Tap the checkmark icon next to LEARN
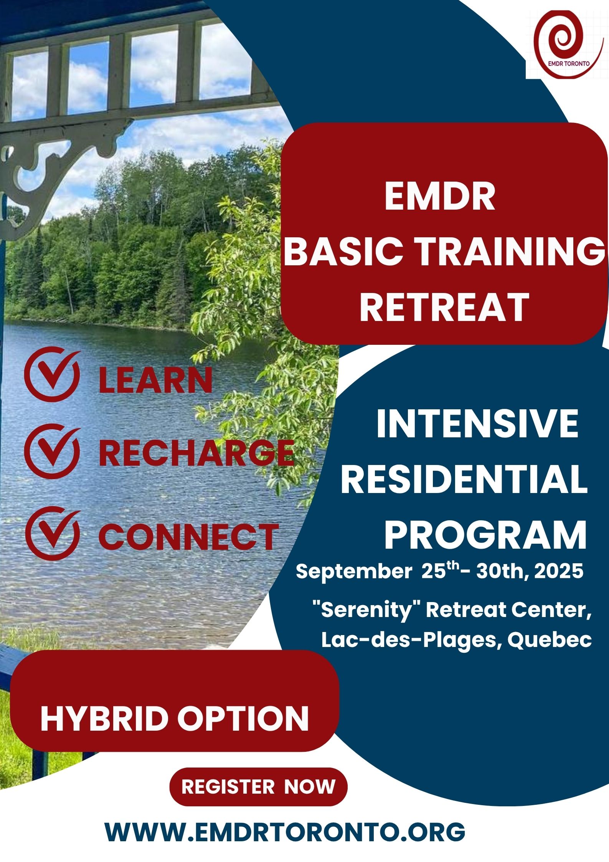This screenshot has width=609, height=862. pos(52,374)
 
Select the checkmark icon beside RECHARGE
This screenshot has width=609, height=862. pos(52,452)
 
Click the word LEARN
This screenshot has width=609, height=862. pos(155,380)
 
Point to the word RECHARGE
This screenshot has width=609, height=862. pos(196,453)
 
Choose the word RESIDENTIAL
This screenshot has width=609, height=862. pos(464,480)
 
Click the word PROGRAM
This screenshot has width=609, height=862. pos(485,536)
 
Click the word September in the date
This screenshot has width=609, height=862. pos(353,572)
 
